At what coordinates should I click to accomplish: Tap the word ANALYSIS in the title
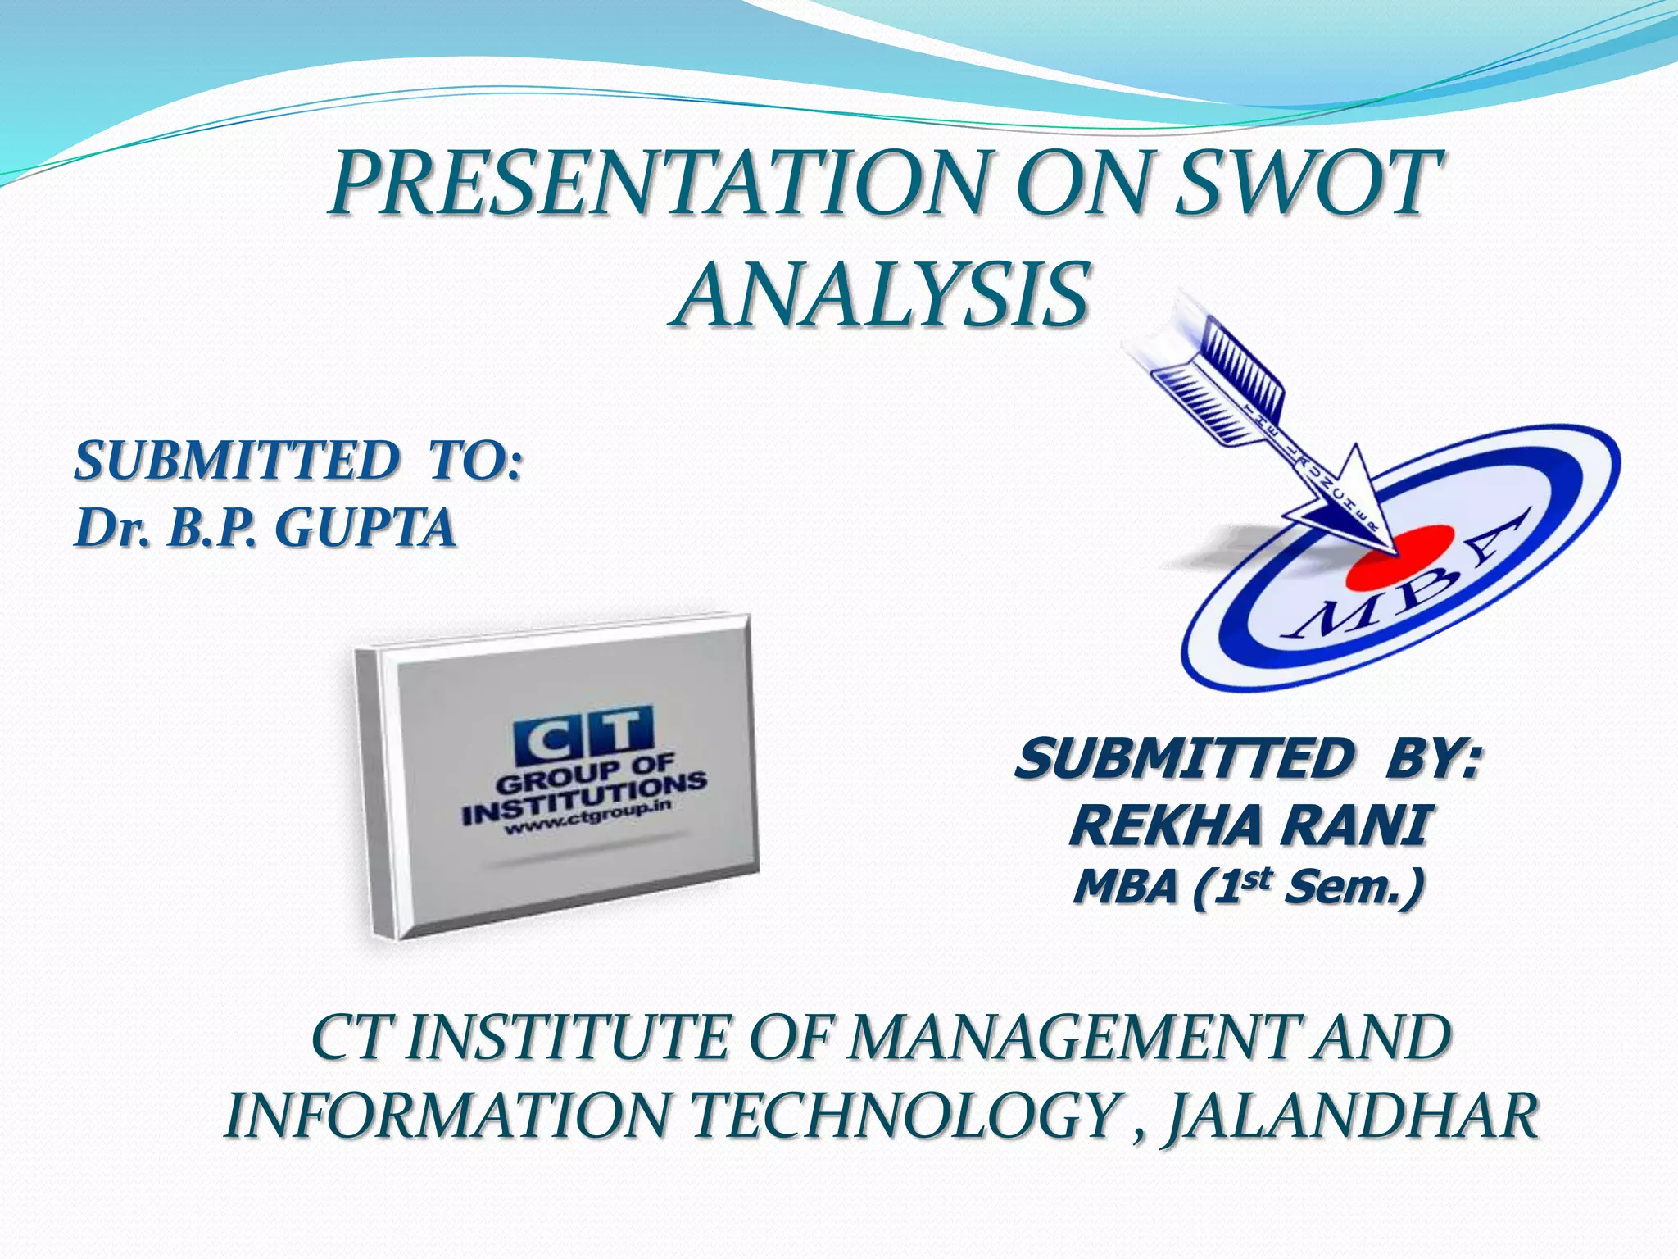pos(882,293)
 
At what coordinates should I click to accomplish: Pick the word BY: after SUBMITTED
pos(1431,759)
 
